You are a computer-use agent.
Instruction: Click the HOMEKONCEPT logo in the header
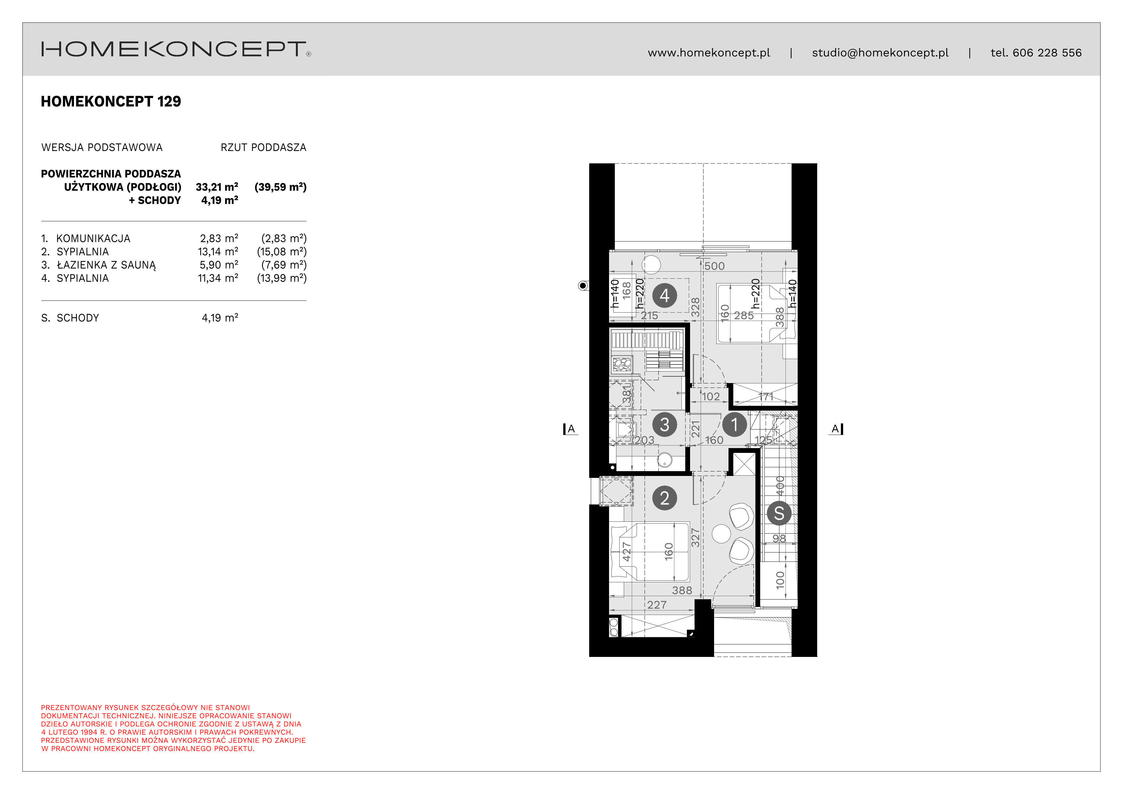pyautogui.click(x=175, y=49)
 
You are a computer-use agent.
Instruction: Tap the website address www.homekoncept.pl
pyautogui.click(x=709, y=53)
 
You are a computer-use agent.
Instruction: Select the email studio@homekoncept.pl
pyautogui.click(x=880, y=53)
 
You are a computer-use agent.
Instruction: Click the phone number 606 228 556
pyautogui.click(x=1047, y=53)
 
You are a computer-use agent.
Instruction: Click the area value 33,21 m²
pyautogui.click(x=217, y=187)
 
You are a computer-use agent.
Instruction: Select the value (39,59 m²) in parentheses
pyautogui.click(x=280, y=187)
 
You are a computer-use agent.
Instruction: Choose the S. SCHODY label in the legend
pyautogui.click(x=70, y=318)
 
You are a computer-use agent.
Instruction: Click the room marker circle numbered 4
pyautogui.click(x=664, y=296)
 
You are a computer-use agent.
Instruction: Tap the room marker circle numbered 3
pyautogui.click(x=664, y=425)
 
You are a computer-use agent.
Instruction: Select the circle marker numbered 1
pyautogui.click(x=734, y=425)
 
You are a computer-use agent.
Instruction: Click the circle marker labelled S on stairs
pyautogui.click(x=779, y=513)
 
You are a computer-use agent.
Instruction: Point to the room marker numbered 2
pyautogui.click(x=664, y=498)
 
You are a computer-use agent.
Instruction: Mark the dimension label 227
pyautogui.click(x=656, y=605)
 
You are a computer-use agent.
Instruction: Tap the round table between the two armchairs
pyautogui.click(x=721, y=534)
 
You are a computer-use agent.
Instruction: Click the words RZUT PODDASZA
pyautogui.click(x=263, y=148)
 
